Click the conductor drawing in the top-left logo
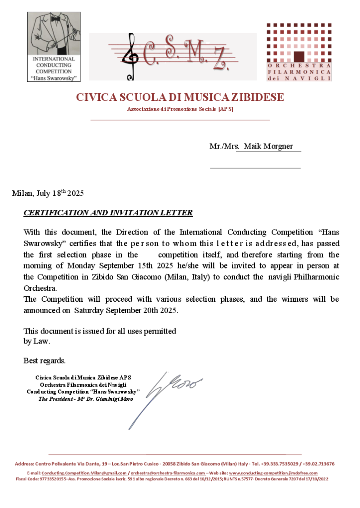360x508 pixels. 54,34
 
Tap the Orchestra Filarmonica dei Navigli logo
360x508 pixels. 298,52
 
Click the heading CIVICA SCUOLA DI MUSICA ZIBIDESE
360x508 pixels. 180,97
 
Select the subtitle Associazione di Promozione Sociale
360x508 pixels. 180,109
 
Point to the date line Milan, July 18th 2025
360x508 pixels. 48,193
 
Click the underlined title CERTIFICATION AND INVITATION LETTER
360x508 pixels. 108,213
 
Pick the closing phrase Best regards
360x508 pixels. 45,361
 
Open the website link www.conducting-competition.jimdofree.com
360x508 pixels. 273,473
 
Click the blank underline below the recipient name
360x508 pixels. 255,168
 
